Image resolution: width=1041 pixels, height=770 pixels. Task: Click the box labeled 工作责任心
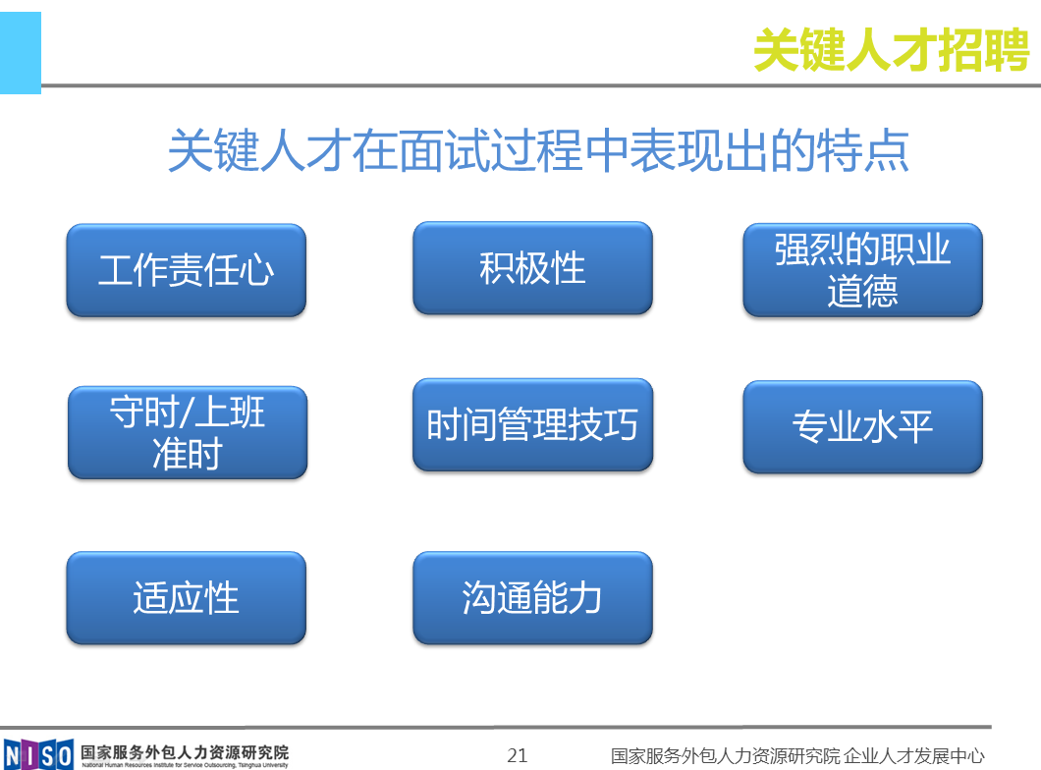(x=186, y=270)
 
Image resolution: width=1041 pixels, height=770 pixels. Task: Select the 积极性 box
(x=532, y=268)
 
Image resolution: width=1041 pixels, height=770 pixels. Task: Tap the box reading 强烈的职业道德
(x=862, y=270)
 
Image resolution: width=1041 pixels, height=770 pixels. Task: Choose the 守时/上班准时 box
(x=188, y=433)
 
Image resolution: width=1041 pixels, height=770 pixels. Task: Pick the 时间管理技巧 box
(x=532, y=425)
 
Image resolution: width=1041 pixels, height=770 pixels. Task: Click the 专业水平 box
(x=862, y=427)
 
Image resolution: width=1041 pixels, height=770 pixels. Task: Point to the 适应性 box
(x=186, y=597)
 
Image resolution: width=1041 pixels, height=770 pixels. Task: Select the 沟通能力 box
(x=532, y=597)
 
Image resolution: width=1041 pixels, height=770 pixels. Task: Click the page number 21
(x=518, y=755)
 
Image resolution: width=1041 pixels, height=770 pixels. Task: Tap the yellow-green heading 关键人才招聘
(x=891, y=50)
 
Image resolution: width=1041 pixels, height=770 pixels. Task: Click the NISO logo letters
(x=38, y=755)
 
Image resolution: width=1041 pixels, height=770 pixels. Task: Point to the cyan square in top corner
(x=21, y=53)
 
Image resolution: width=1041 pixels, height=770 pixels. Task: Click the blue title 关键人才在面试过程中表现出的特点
(x=538, y=150)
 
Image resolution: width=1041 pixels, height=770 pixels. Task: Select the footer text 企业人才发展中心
(x=914, y=755)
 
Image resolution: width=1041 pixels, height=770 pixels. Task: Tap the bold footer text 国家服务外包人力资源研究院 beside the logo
(x=185, y=752)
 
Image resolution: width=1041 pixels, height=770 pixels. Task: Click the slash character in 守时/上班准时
(x=187, y=412)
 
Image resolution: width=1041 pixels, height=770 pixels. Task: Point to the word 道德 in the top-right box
(x=862, y=292)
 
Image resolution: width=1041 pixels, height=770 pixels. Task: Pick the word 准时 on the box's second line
(x=188, y=454)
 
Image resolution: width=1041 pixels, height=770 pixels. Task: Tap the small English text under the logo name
(x=185, y=765)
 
